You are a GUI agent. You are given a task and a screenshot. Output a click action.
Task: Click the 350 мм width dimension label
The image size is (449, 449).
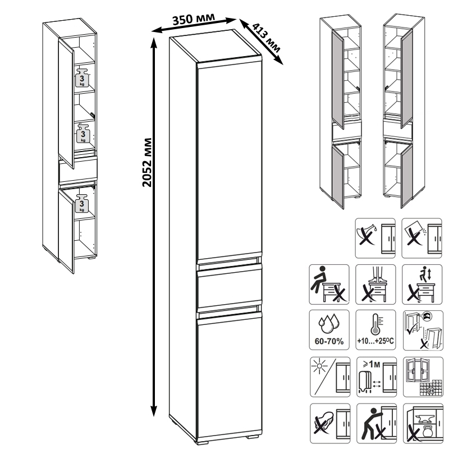pos(193,19)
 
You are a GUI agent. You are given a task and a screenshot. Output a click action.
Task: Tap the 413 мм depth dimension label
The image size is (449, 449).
pos(266,38)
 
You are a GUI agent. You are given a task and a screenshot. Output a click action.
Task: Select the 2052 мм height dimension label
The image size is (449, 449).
pos(147,162)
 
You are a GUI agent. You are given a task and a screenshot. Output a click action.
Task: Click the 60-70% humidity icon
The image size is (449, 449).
pos(329,330)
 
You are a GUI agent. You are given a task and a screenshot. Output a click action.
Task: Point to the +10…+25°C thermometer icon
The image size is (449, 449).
pos(375,330)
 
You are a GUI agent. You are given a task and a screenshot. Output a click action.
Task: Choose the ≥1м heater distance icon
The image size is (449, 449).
pos(377,377)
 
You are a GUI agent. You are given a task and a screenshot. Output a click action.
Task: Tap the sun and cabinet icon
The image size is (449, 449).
pos(330,377)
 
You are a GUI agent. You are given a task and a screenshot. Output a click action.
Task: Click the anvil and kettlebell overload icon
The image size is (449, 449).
pos(423,424)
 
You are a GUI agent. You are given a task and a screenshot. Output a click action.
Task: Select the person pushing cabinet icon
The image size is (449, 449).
pos(377,424)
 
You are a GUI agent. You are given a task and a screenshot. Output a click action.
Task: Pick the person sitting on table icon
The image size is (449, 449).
pos(329,285)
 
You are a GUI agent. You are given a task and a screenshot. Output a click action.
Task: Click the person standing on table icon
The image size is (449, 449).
pos(375,285)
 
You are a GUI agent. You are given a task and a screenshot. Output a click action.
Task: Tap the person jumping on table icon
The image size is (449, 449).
pos(422,285)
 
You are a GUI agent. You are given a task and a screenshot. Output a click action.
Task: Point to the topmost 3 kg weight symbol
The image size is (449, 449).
pos(83,78)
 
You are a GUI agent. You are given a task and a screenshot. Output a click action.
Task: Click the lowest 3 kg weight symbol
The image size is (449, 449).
pos(82,203)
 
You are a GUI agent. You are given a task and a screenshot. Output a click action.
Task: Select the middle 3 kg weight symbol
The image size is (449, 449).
pos(83,134)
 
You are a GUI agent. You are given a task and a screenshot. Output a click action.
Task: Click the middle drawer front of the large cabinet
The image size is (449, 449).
pos(230,288)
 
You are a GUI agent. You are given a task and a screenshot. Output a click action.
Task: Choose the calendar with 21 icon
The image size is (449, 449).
pos(423,377)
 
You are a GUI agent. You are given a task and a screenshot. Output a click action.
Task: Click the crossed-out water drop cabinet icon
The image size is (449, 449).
pos(375,238)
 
